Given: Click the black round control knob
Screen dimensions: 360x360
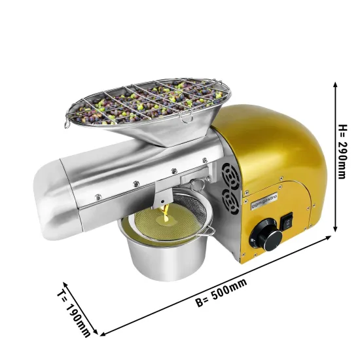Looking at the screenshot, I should (x=268, y=232).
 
